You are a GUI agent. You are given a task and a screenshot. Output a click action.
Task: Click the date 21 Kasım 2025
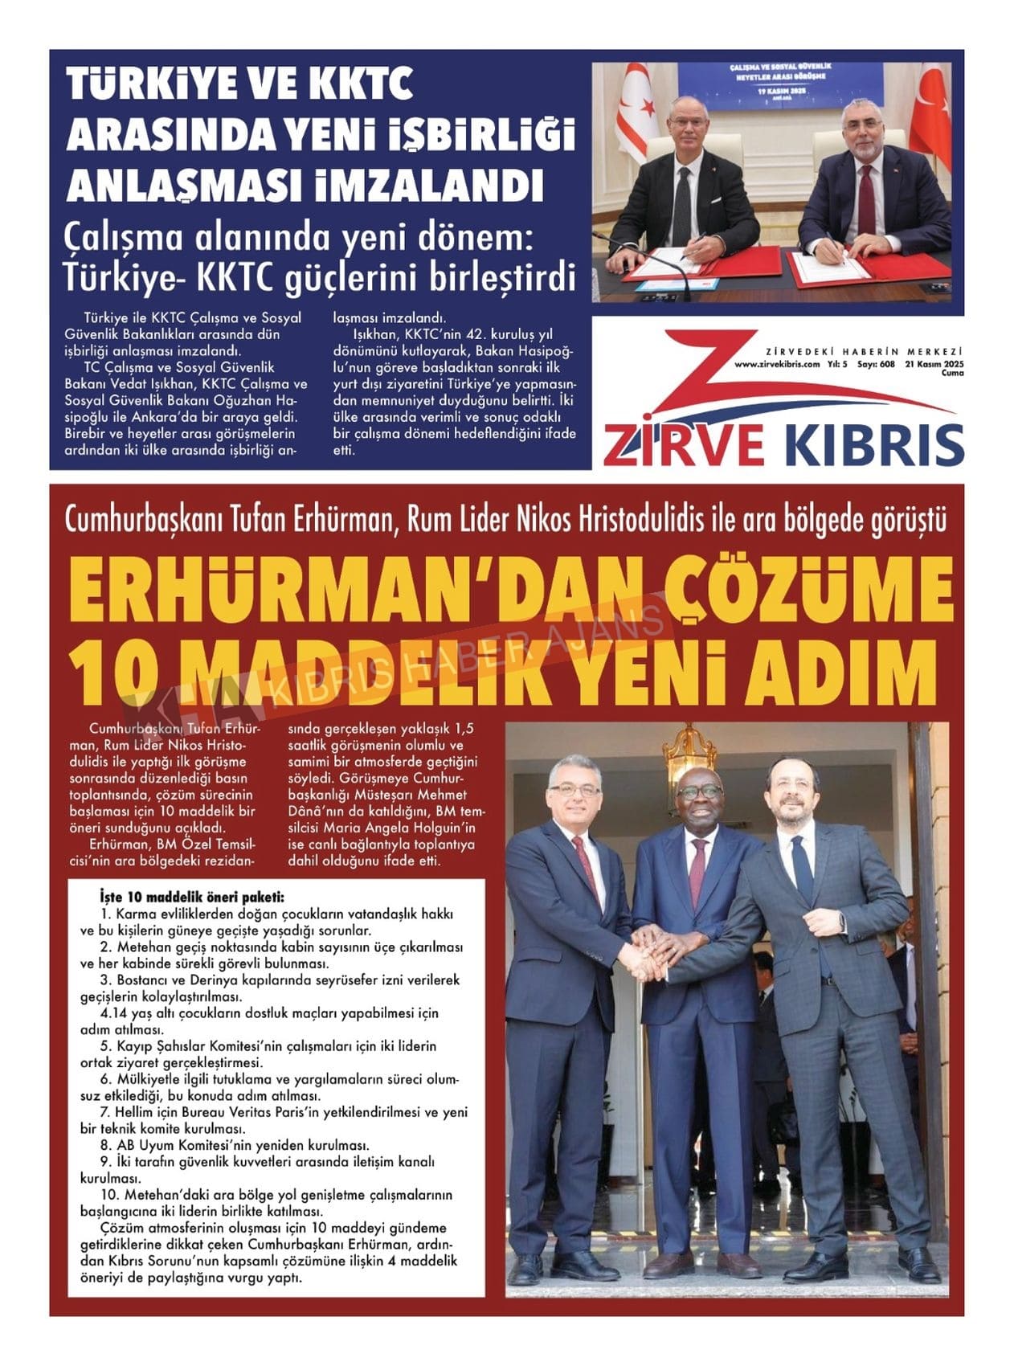pyautogui.click(x=934, y=363)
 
